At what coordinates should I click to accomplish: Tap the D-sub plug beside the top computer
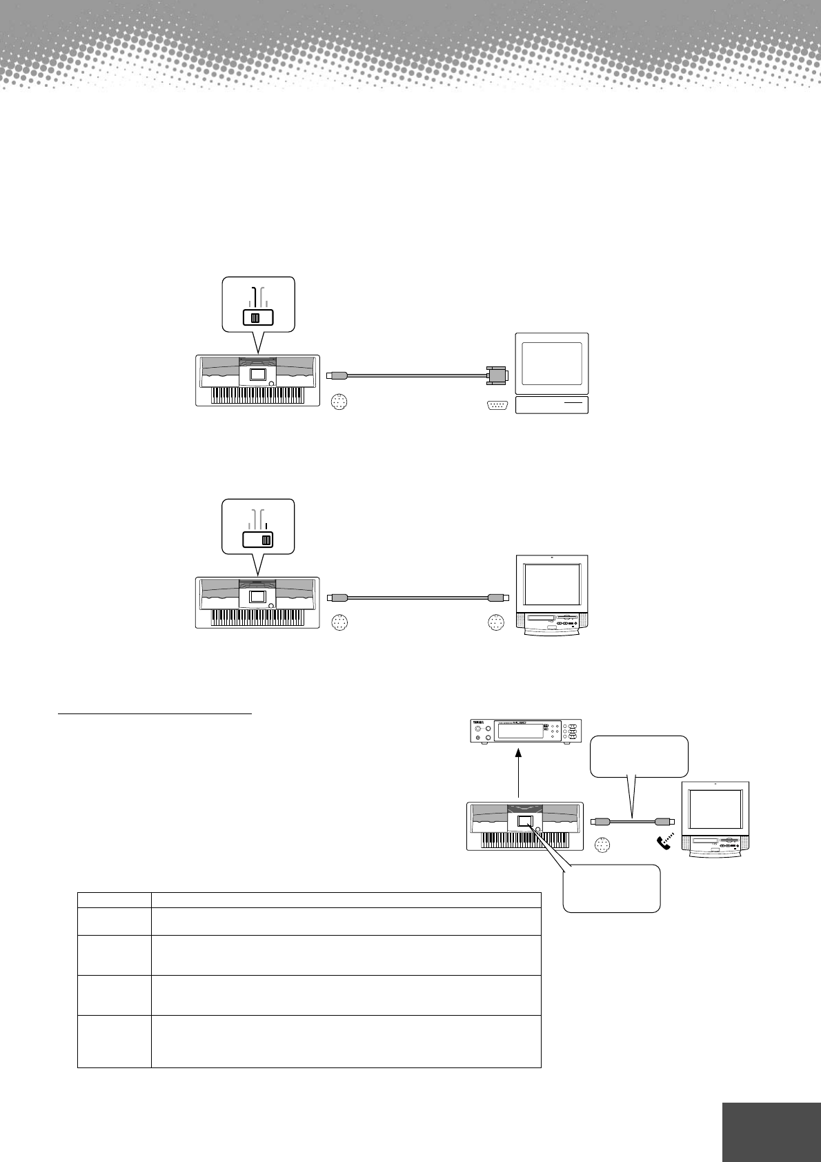pyautogui.click(x=497, y=375)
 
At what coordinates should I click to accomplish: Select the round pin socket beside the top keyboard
pyautogui.click(x=339, y=402)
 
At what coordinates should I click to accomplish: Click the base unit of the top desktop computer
pyautogui.click(x=552, y=405)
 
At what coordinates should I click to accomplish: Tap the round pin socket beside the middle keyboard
pyautogui.click(x=339, y=623)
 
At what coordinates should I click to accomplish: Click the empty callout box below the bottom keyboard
pyautogui.click(x=611, y=889)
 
